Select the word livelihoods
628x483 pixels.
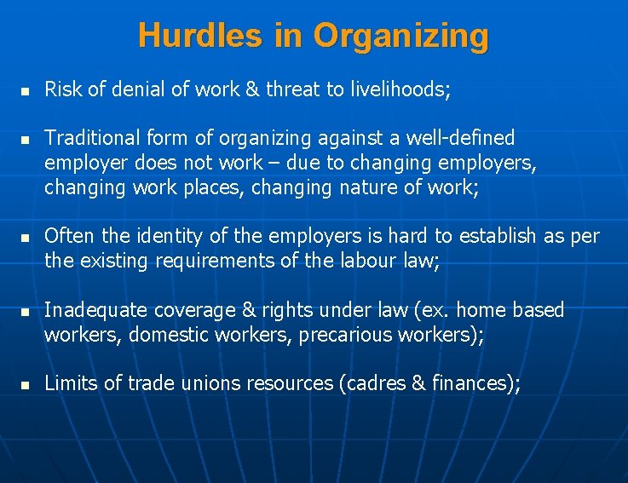[x=390, y=89]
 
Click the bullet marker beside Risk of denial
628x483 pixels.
[x=26, y=89]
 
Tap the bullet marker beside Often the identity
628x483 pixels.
[x=26, y=237]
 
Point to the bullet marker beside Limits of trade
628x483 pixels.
[x=26, y=384]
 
